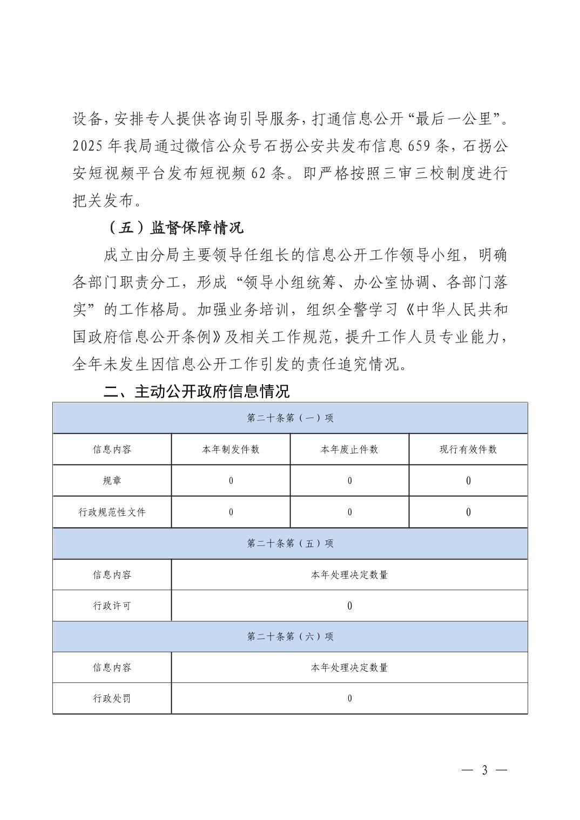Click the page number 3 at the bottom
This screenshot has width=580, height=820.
[x=484, y=770]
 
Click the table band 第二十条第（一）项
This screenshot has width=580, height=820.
[x=290, y=418]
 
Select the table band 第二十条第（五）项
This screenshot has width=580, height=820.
[x=290, y=543]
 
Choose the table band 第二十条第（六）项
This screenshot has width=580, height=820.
[x=290, y=637]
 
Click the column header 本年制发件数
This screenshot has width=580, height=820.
[x=231, y=449]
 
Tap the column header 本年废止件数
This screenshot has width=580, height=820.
[x=349, y=449]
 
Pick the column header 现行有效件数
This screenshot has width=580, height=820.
[x=468, y=449]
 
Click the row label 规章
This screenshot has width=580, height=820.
[x=112, y=481]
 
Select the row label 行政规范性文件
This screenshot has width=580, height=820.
[x=112, y=512]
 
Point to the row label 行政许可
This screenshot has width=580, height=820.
[x=112, y=606]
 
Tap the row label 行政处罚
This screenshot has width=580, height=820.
[x=112, y=699]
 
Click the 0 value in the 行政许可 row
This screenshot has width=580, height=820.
[x=349, y=606]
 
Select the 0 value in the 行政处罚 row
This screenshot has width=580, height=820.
[x=349, y=699]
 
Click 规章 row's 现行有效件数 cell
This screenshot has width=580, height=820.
[x=468, y=481]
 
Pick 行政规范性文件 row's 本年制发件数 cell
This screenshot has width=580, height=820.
[x=231, y=512]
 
